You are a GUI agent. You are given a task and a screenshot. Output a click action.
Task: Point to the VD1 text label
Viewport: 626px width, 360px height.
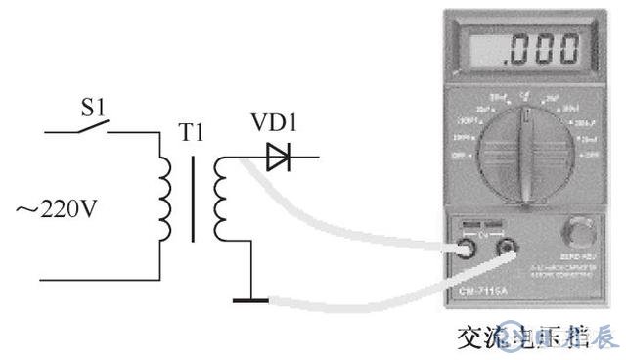point(274,124)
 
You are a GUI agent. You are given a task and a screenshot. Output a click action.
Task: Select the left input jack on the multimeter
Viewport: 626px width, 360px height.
point(469,250)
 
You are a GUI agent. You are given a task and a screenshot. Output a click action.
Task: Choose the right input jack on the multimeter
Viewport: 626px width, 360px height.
point(508,251)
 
